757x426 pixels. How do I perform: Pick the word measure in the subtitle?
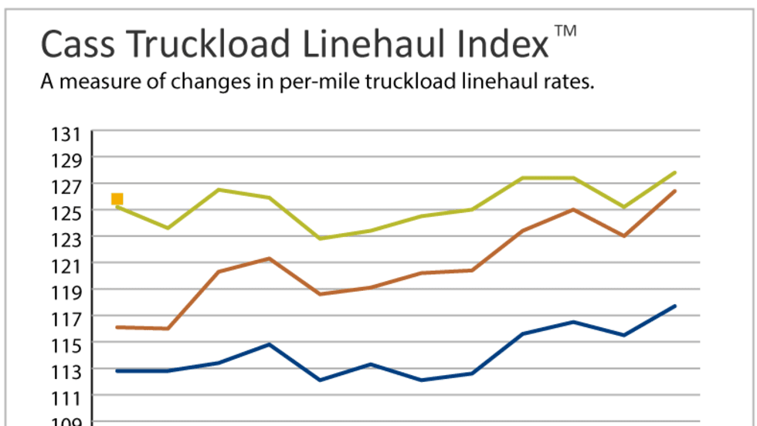point(93,83)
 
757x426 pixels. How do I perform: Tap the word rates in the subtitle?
point(569,83)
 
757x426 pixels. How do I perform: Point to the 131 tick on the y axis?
point(66,134)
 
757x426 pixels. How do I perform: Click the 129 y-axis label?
point(66,160)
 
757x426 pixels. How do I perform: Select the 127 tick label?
point(66,186)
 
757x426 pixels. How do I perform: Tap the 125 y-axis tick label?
point(66,212)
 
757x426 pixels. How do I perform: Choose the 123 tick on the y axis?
point(66,238)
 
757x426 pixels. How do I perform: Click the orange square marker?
point(117,199)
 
